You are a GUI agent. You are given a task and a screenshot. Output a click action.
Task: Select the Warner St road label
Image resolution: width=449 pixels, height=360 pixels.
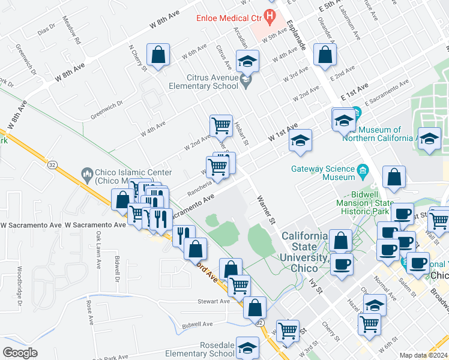[266, 209]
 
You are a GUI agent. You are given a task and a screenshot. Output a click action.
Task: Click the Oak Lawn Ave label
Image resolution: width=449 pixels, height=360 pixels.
[97, 246]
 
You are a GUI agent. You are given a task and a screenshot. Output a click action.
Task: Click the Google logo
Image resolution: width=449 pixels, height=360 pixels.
[20, 353]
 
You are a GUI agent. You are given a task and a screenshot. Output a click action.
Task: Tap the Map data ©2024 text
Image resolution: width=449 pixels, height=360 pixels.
[424, 355]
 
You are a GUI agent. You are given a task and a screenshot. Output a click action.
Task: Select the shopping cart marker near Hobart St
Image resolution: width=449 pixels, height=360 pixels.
[221, 125]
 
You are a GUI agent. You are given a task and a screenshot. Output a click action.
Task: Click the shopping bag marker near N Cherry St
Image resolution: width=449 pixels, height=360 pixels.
[158, 56]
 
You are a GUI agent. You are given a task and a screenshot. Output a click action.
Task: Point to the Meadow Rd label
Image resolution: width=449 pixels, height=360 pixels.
[71, 32]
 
